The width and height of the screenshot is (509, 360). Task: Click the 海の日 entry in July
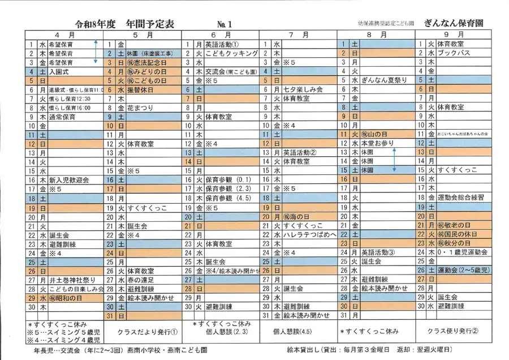tap(297, 216)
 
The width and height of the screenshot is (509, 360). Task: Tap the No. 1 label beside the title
tap(225, 24)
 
